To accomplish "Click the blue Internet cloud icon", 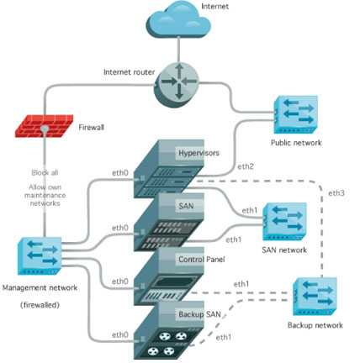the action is tap(178, 20).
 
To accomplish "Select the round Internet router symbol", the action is tap(177, 84).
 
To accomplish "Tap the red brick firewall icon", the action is tap(45, 126).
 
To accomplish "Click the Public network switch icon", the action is tap(295, 114).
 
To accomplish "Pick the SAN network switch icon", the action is tap(284, 222).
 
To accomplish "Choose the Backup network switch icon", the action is tap(315, 297).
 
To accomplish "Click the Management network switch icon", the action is tap(40, 255).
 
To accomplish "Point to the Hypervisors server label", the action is tap(199, 153).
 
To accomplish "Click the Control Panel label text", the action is tap(202, 260).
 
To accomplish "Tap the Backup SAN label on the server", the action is tap(199, 314).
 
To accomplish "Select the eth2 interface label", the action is tap(246, 166).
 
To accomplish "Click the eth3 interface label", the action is tap(336, 193).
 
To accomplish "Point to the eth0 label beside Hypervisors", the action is tap(120, 173).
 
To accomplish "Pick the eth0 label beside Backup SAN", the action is tap(120, 334).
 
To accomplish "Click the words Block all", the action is tap(45, 172).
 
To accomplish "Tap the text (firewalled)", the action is tap(40, 305).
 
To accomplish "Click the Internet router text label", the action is tap(129, 72).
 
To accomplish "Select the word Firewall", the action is tap(91, 128).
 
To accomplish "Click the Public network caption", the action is tap(296, 143).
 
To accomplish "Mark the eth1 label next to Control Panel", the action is tap(241, 284).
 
